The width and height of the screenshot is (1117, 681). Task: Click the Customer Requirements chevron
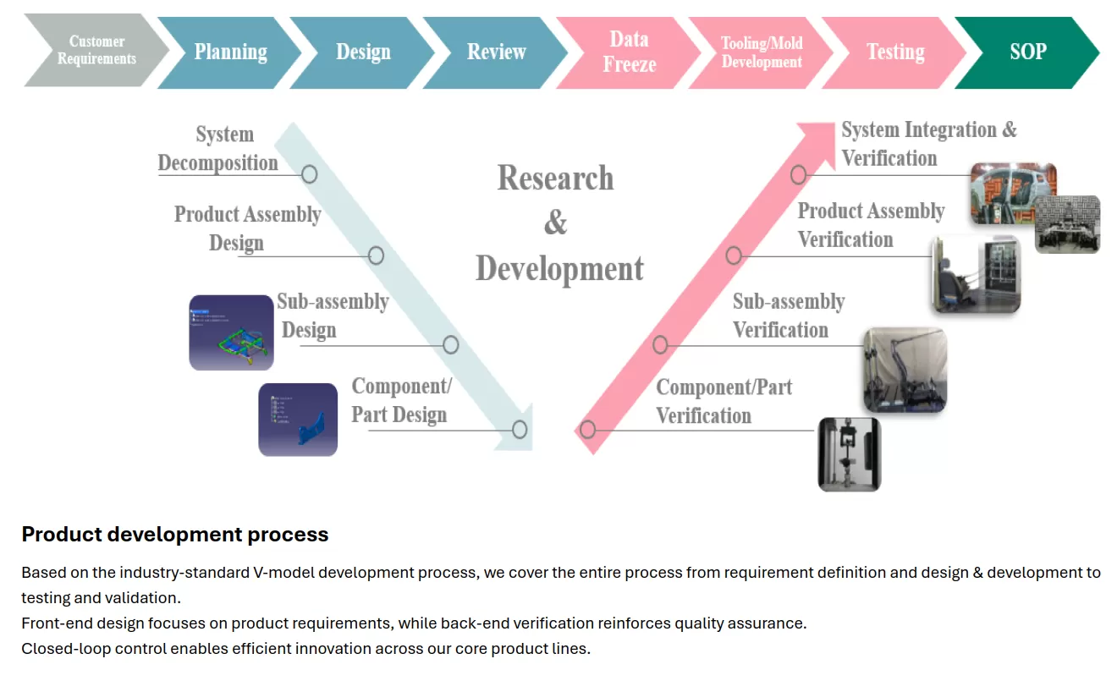95,51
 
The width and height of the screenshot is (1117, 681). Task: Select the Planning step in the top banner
230,52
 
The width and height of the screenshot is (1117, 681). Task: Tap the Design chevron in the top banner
363,52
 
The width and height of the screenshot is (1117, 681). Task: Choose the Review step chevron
496,52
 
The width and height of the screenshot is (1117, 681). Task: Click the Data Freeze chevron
629,52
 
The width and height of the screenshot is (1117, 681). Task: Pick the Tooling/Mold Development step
762,52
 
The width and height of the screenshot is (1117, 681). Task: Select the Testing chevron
894,52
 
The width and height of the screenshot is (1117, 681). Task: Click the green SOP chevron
1027,52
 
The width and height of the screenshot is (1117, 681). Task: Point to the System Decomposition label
219,149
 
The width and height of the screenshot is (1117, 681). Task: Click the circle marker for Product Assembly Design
376,255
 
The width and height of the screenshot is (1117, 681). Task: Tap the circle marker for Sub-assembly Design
450,344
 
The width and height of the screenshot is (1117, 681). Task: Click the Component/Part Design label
400,401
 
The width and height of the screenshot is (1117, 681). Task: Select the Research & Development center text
558,223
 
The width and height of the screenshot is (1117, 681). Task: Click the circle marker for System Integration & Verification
798,175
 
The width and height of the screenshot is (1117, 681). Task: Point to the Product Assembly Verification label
871,225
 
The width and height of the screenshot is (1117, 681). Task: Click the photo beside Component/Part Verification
849,454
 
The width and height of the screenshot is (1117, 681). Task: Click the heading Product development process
175,535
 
